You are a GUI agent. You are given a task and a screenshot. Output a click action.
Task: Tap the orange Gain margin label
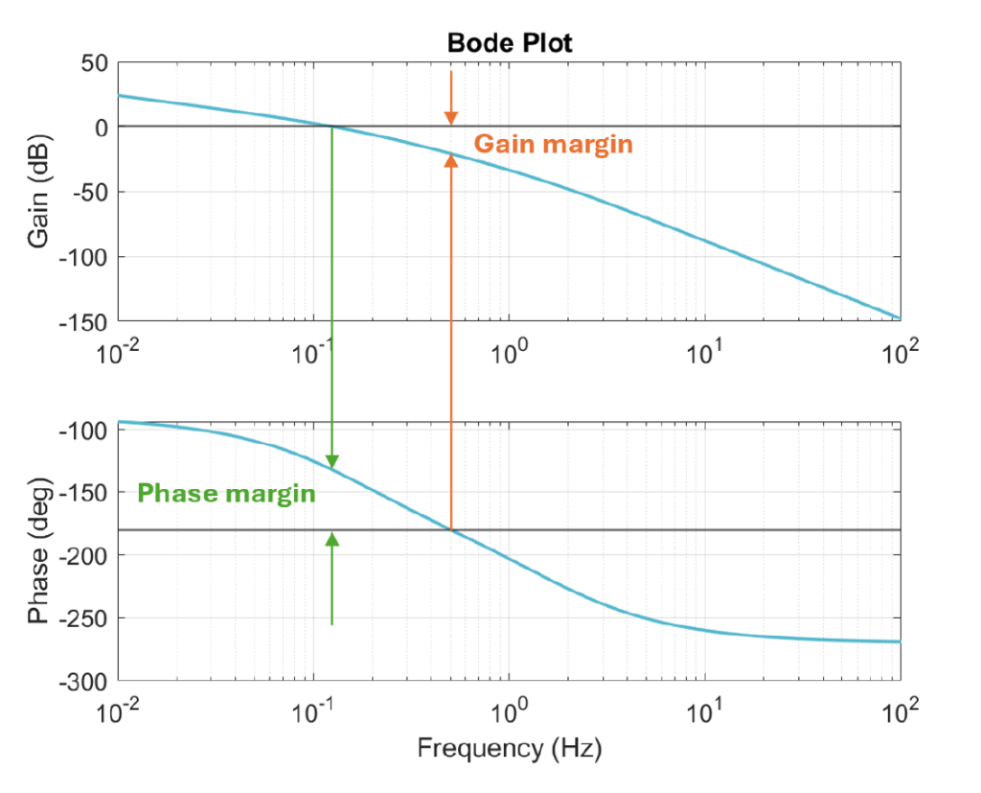[x=554, y=144]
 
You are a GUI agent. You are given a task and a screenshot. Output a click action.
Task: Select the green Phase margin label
[x=226, y=494]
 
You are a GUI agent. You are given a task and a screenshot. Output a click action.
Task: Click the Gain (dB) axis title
[x=39, y=191]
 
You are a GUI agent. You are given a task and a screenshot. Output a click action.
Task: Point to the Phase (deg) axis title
[x=39, y=552]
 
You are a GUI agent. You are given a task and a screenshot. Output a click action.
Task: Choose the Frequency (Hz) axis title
[x=509, y=749]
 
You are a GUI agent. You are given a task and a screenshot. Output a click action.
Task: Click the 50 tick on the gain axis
[x=94, y=63]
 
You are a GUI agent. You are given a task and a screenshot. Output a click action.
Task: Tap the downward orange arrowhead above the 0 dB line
[x=451, y=118]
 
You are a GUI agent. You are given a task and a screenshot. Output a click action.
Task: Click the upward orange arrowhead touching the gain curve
[x=451, y=160]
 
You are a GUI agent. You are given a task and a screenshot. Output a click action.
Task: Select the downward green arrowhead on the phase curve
[x=331, y=461]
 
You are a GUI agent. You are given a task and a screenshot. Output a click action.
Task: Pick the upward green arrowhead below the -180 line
[x=331, y=540]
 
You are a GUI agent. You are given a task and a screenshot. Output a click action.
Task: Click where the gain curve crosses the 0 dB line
[x=331, y=127]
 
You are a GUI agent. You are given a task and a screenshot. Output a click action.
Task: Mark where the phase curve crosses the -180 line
[x=451, y=529]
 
